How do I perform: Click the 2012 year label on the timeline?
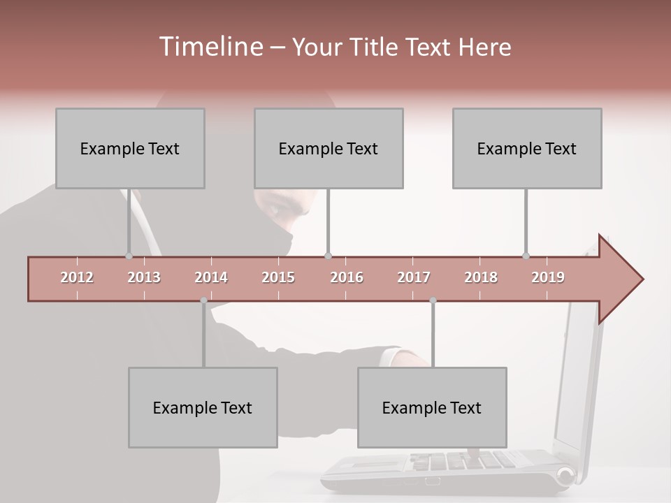(x=77, y=277)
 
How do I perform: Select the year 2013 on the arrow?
(x=144, y=277)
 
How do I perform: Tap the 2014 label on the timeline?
(x=211, y=277)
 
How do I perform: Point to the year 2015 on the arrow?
(x=278, y=277)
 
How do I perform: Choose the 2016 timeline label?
(x=347, y=277)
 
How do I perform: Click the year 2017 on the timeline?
(x=414, y=277)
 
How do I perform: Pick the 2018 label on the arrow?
(x=481, y=277)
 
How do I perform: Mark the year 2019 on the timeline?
(x=548, y=277)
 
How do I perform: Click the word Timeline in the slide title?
(x=210, y=47)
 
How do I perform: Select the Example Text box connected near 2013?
(x=130, y=148)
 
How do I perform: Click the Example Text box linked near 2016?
(x=329, y=148)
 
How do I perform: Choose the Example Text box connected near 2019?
(x=527, y=148)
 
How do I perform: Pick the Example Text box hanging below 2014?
(x=203, y=407)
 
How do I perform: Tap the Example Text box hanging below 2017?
(x=432, y=407)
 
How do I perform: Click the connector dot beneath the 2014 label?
(x=203, y=300)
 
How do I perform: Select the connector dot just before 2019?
(x=526, y=256)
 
